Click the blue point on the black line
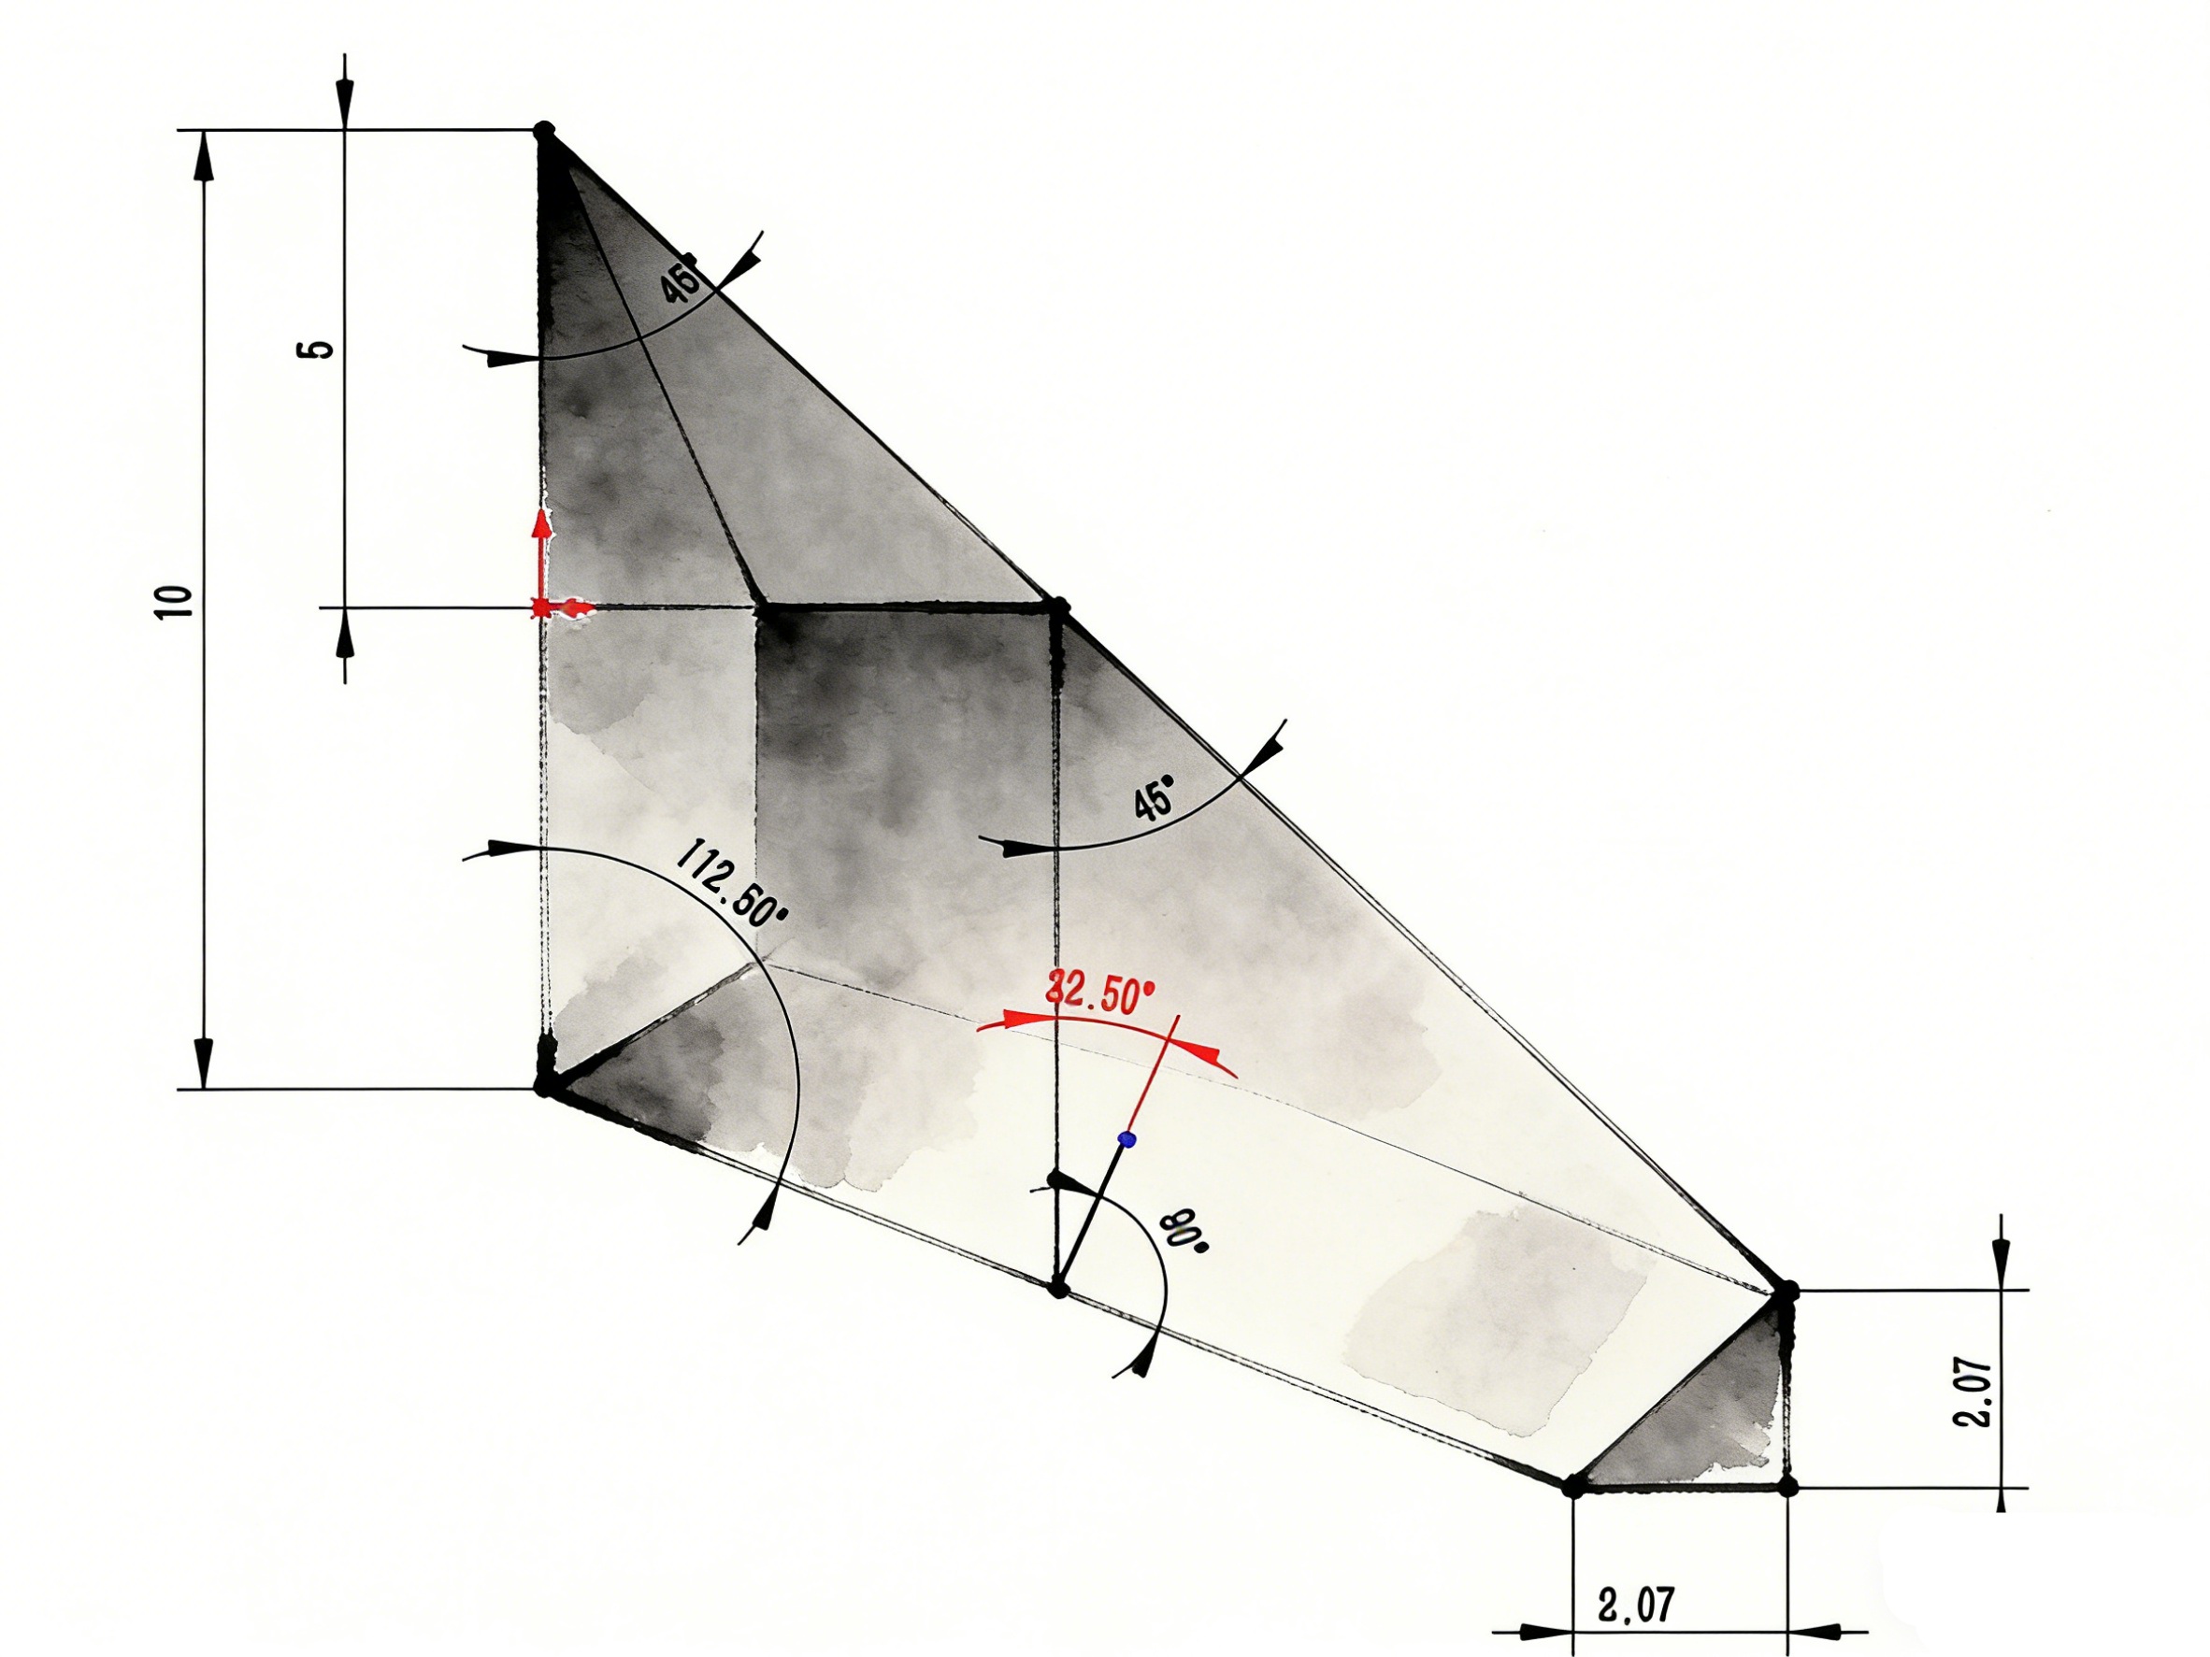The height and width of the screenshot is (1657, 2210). [x=1127, y=1138]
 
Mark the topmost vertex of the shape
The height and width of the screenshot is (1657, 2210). [x=543, y=130]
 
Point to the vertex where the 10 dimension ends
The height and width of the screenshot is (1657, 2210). [x=546, y=1087]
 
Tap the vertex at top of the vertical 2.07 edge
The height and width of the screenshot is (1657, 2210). [x=1787, y=1292]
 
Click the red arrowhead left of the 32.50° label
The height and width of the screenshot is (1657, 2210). [x=1014, y=1020]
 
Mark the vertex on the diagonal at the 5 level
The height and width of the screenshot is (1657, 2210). [x=1059, y=607]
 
